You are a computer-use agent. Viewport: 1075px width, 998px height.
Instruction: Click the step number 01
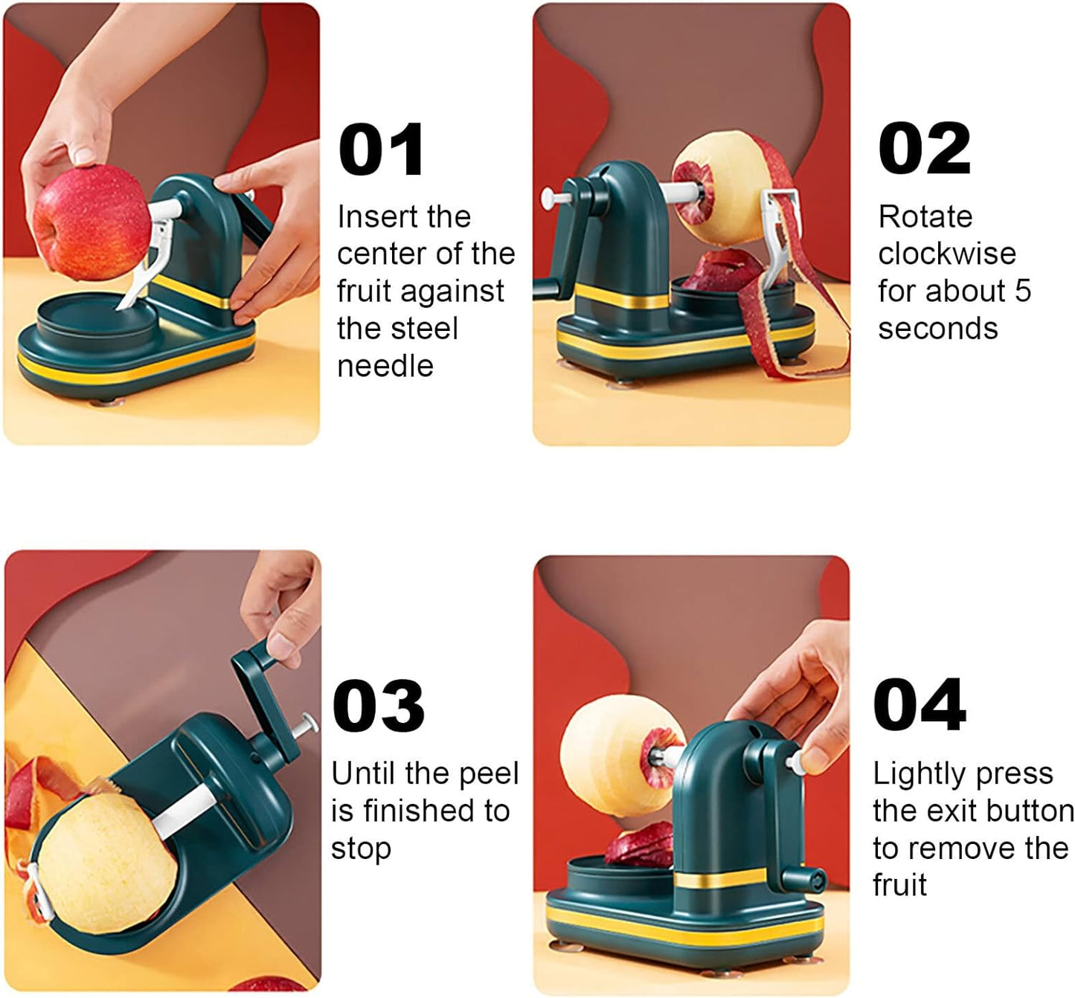tap(381, 150)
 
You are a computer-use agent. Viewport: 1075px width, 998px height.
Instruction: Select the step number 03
tap(378, 706)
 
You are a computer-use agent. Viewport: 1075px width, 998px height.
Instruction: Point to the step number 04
tap(920, 706)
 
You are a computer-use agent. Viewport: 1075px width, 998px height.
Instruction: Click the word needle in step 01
tap(385, 366)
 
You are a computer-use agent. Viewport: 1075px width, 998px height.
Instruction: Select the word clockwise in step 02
tap(946, 254)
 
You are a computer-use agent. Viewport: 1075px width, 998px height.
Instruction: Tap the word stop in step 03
tap(361, 849)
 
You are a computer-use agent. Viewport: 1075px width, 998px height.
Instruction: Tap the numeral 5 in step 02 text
tap(1023, 291)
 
